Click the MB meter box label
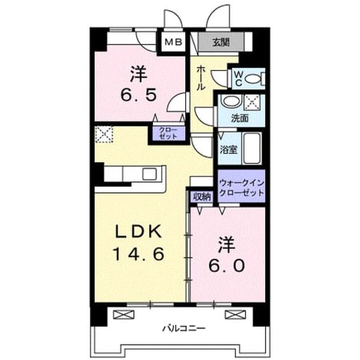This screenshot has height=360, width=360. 174,42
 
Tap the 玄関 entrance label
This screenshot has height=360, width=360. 221,42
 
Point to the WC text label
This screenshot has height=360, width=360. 239,79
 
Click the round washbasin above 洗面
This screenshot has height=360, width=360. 230,101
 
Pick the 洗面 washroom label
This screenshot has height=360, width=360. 240,118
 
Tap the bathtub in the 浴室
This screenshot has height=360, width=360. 252,149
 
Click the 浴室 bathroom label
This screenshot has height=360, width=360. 229,150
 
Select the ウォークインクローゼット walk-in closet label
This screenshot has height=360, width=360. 242,188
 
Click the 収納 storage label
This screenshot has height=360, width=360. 202,197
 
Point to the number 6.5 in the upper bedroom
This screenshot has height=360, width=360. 139,95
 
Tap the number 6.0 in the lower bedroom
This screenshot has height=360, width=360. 227,266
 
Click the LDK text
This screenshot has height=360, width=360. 138,231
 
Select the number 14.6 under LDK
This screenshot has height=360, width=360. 139,254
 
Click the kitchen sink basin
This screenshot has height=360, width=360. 150,174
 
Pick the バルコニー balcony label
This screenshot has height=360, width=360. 184,329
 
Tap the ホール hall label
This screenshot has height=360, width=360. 201,77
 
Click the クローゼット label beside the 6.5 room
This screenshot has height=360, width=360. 169,133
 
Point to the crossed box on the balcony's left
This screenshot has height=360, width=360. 124,314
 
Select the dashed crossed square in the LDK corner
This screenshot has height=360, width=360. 104,134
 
